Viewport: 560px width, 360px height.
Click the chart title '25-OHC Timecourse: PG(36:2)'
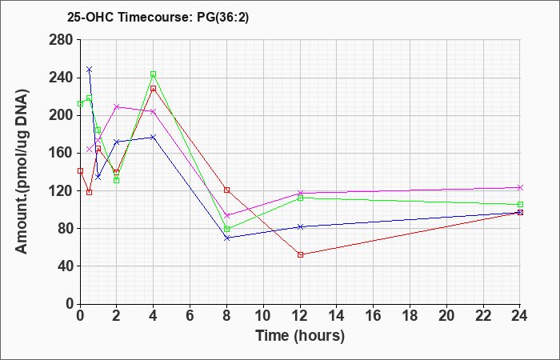click(x=158, y=18)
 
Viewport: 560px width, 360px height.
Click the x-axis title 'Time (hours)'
click(x=300, y=336)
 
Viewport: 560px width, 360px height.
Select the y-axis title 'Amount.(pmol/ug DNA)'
click(x=22, y=171)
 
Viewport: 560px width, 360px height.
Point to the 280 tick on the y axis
click(x=63, y=40)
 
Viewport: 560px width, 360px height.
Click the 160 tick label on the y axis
click(x=63, y=154)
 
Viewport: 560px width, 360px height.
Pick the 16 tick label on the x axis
click(x=374, y=316)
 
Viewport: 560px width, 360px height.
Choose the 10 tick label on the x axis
click(x=263, y=316)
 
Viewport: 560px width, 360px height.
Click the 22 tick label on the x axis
click(x=483, y=316)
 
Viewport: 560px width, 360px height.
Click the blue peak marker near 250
click(x=90, y=69)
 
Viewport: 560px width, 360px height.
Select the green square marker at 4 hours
click(x=154, y=74)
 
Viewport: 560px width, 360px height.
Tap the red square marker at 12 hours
click(x=300, y=254)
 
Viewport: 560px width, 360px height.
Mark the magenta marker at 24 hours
click(x=520, y=187)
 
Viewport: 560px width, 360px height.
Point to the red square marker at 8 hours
click(x=226, y=190)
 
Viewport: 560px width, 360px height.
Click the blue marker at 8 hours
click(x=226, y=238)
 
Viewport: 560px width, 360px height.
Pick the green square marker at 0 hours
click(x=80, y=103)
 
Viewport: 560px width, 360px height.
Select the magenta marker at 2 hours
click(x=117, y=106)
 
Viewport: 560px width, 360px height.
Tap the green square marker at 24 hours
click(x=520, y=205)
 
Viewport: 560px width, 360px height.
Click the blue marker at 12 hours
click(x=300, y=226)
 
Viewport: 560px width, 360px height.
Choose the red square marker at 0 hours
click(x=80, y=171)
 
